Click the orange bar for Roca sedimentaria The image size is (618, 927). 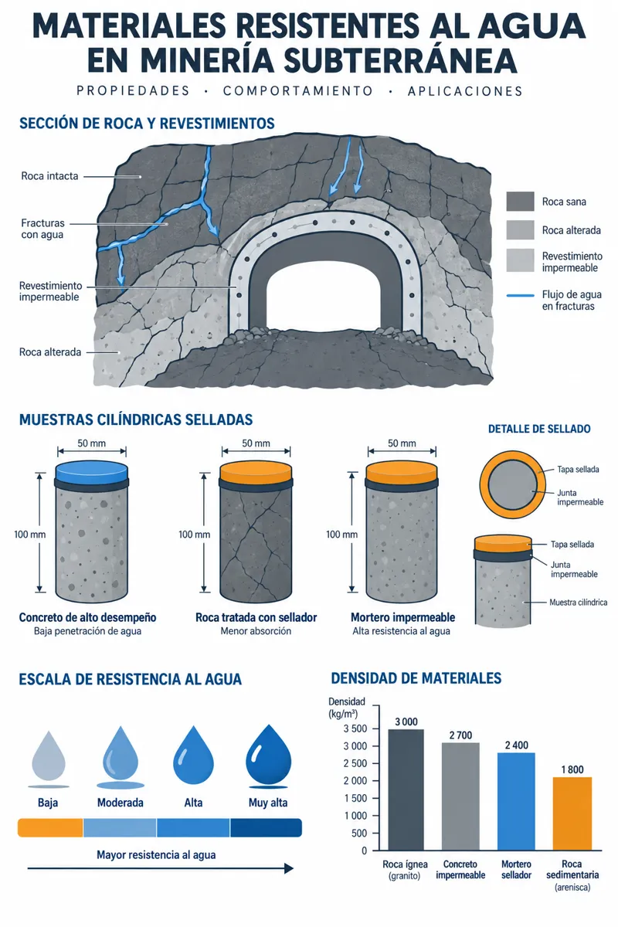572,813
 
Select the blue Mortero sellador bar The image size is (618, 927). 516,801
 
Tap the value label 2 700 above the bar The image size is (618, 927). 460,735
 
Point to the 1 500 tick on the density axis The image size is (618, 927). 355,798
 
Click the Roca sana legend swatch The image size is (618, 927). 520,202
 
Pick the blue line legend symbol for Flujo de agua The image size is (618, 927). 520,295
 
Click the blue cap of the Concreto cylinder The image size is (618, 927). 91,472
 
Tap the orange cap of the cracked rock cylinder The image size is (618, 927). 256,472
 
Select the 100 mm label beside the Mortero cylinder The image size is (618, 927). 341,535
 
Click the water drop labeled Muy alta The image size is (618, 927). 268,757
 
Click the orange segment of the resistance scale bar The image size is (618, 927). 50,827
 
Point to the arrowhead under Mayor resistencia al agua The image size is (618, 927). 289,868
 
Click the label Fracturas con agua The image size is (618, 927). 42,229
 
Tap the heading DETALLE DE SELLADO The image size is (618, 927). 539,429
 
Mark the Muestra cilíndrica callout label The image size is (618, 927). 578,602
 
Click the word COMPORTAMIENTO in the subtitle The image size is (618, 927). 298,91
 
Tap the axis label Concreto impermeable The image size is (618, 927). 460,870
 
